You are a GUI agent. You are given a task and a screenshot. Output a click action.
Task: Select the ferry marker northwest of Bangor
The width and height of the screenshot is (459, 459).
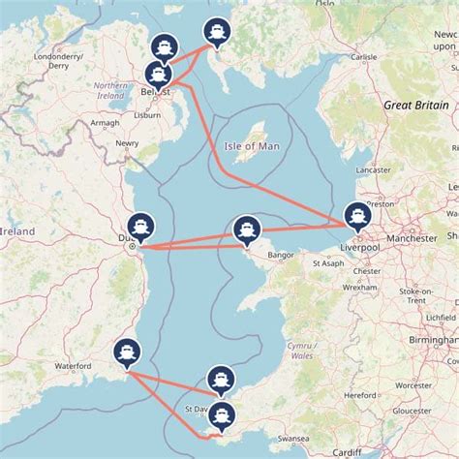click(247, 229)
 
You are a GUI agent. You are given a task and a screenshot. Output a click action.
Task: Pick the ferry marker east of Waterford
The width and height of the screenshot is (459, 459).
click(126, 352)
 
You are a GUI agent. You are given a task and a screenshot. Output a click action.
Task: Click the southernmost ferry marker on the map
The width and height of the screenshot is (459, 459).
click(224, 417)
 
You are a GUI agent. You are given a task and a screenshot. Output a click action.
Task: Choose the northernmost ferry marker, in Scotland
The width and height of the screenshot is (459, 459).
click(215, 32)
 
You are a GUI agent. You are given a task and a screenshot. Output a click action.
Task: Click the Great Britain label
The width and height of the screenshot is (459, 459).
click(414, 105)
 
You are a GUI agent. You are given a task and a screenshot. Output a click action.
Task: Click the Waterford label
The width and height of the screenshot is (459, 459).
click(72, 366)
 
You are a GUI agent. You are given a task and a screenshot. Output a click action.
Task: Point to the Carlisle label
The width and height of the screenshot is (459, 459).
click(364, 57)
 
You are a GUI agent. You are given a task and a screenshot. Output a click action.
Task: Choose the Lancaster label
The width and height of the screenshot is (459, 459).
click(374, 169)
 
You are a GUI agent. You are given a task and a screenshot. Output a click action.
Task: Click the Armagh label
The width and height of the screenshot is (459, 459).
click(77, 123)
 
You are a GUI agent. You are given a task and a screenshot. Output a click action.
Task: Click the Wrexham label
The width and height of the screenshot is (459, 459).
click(365, 288)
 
